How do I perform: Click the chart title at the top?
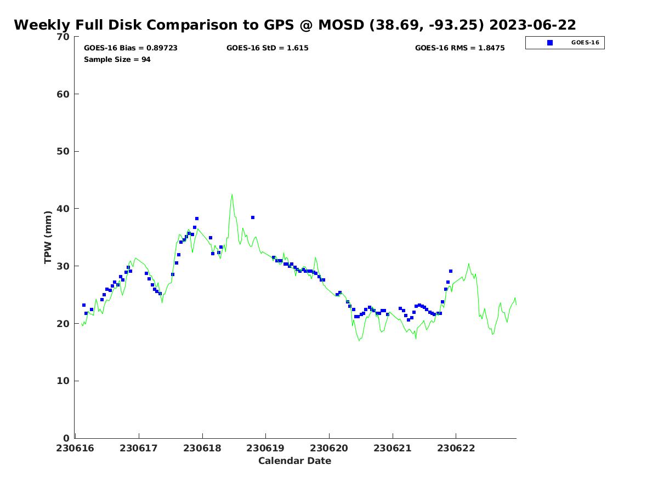coord(295,25)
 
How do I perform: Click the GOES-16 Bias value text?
coord(131,48)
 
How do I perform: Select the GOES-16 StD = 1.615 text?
coord(268,48)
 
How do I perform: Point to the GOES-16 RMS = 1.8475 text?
coord(460,48)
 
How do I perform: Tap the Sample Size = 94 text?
coord(117,60)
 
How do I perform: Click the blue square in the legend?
coord(550,43)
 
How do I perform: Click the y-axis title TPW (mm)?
coord(48,237)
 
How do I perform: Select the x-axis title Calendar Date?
coord(295,461)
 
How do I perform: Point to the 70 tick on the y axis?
coord(64,37)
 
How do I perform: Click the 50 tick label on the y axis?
coord(64,152)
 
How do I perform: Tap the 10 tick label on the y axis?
coord(64,381)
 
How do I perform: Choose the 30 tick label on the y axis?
coord(64,266)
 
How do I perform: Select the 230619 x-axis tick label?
coord(265,449)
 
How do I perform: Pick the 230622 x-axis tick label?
coord(456,449)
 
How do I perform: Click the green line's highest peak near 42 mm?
coord(232,194)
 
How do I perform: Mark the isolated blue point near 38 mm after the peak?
coord(253,217)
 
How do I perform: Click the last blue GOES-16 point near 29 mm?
coord(451,271)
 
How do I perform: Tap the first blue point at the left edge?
coord(84,305)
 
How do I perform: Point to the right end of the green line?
coord(516,304)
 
